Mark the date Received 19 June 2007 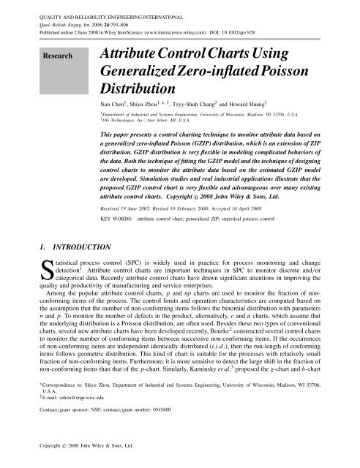(x=132, y=207)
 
